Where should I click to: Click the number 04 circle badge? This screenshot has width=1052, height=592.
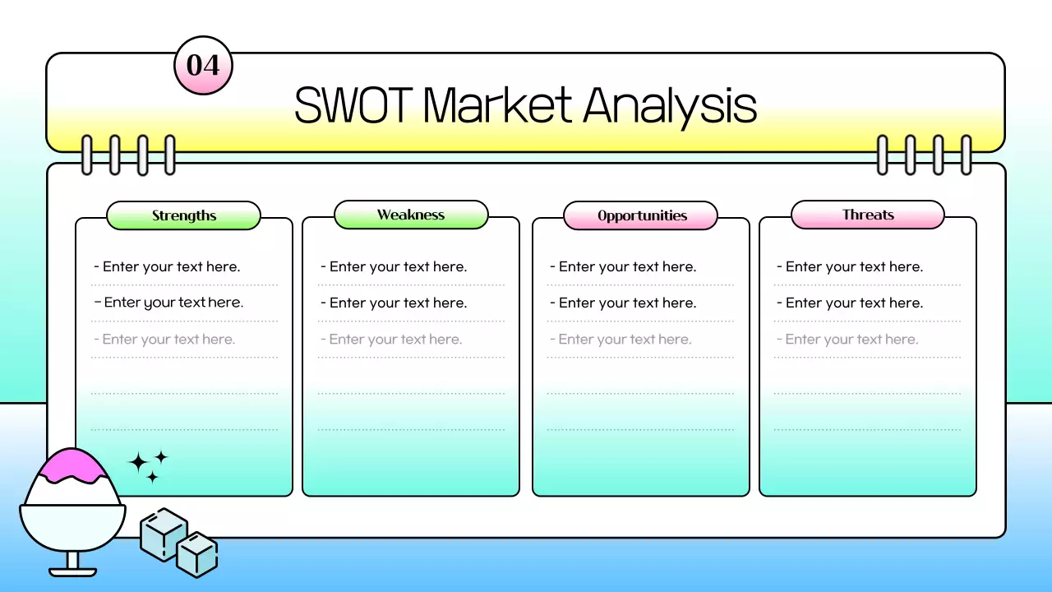[203, 65]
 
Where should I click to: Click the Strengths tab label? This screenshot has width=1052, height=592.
[184, 215]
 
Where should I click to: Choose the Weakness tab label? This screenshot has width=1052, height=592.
[411, 215]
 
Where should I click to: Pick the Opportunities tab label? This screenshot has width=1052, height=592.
[641, 215]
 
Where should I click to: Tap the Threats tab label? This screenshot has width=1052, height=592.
[868, 215]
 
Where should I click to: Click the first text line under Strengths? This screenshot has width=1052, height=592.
[167, 266]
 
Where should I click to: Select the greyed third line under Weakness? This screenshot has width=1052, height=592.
[390, 339]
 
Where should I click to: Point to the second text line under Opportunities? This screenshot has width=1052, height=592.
[622, 303]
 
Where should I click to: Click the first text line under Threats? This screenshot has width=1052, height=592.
[849, 266]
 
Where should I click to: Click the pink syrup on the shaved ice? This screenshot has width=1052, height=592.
[72, 465]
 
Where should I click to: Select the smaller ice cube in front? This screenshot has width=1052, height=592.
[197, 554]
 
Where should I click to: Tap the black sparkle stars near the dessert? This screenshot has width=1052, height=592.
[149, 465]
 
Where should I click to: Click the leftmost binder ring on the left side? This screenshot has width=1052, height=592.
[87, 155]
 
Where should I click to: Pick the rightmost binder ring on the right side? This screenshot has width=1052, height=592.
[966, 155]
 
